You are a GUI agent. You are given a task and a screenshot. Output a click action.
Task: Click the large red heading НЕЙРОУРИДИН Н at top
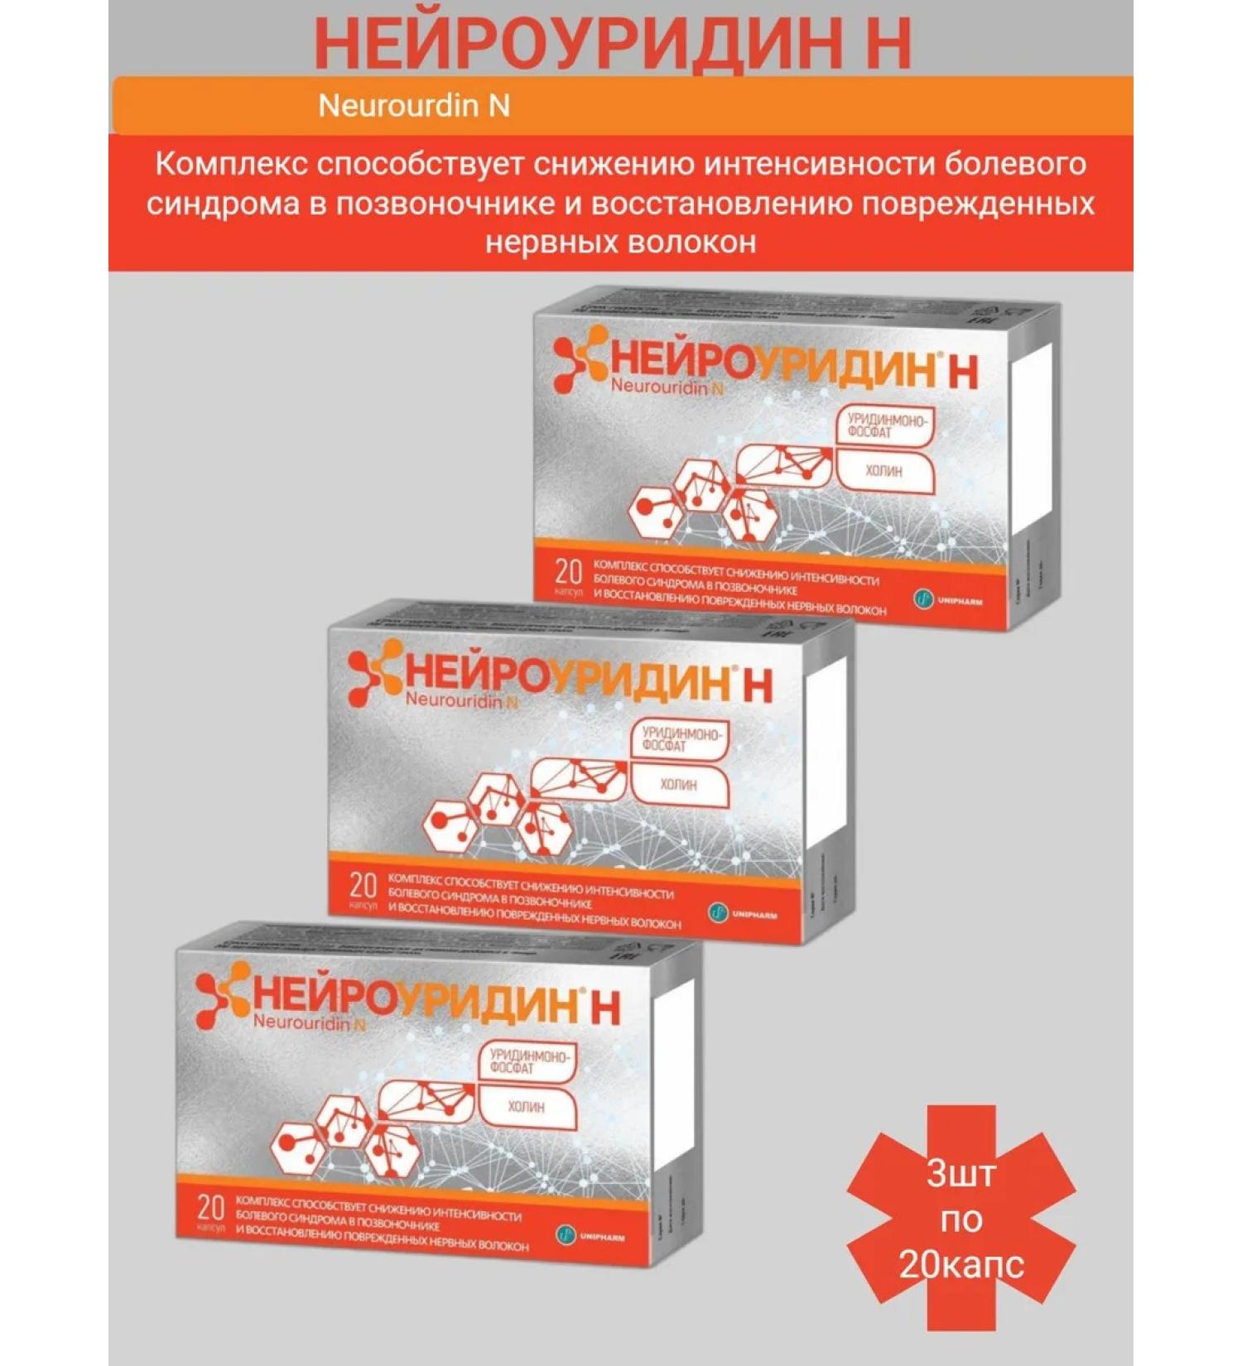[x=613, y=43]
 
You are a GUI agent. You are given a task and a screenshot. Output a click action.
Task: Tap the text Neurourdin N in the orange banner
[x=413, y=106]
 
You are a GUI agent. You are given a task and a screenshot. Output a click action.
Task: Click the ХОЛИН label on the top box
[x=883, y=471]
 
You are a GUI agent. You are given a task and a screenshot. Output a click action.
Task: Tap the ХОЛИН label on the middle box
[x=678, y=784]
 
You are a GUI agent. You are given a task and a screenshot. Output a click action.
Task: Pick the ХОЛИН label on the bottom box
[x=526, y=1106]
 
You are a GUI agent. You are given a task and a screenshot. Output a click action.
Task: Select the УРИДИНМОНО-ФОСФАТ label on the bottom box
[x=527, y=1061]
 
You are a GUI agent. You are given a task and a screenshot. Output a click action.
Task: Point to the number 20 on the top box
[x=569, y=571]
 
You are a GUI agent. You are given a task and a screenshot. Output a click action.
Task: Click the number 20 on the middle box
[x=363, y=885]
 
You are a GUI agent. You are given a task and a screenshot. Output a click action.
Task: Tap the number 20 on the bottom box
[x=211, y=1207]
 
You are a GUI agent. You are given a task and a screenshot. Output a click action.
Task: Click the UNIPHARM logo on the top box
[x=949, y=599]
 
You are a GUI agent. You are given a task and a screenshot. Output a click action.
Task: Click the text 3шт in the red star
[x=960, y=1173]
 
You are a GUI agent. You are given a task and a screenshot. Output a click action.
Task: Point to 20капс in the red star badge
[x=960, y=1264]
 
